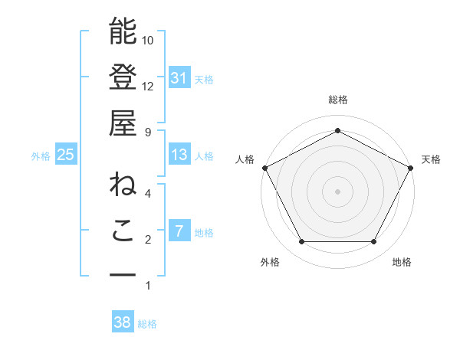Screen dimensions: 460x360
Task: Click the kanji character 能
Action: (x=123, y=32)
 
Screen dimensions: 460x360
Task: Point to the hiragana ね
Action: (x=123, y=185)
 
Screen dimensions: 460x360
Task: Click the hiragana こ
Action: (x=123, y=231)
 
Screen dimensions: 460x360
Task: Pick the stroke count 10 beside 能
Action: (x=148, y=40)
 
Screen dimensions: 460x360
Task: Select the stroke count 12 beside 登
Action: (x=148, y=86)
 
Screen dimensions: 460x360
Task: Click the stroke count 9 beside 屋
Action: (x=148, y=132)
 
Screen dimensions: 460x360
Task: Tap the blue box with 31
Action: (x=179, y=77)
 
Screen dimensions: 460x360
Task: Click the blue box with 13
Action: (x=179, y=155)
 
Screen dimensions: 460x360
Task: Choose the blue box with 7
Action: (x=179, y=231)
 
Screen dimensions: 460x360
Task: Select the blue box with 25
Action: (x=66, y=155)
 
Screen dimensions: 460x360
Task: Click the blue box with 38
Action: (x=123, y=322)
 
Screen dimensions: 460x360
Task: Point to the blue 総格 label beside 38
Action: (x=148, y=324)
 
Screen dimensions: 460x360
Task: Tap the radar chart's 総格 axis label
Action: (x=337, y=100)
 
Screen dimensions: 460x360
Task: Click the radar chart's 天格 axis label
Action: (x=432, y=159)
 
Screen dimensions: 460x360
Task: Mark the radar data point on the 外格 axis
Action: (x=301, y=242)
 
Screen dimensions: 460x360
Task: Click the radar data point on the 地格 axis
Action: (x=373, y=242)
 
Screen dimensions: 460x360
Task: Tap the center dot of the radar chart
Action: (x=337, y=191)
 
